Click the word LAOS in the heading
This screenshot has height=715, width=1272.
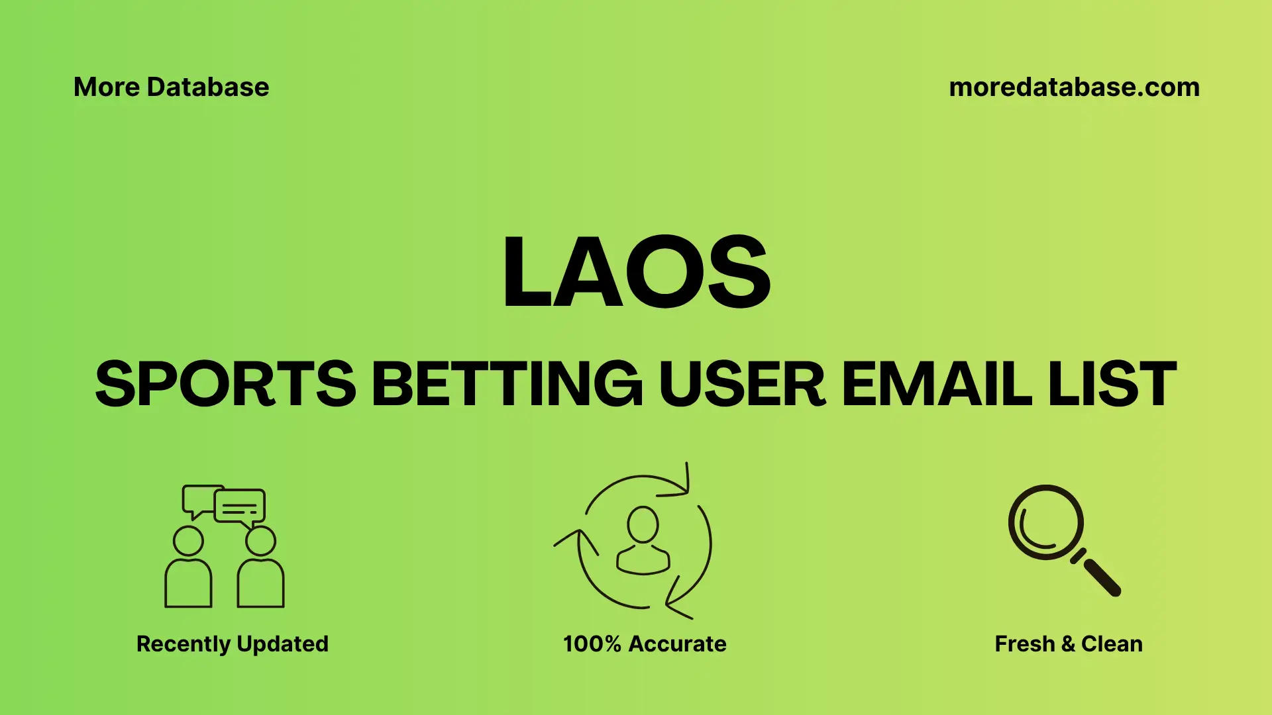coord(636,272)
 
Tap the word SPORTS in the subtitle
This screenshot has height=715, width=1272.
coord(225,384)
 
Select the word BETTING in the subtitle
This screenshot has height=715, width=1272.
coord(507,384)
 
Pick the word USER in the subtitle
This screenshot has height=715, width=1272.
coord(742,384)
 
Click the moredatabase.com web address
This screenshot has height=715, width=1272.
coord(1074,87)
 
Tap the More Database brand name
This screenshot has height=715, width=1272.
coord(171,87)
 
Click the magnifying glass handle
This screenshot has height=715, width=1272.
coord(1101,577)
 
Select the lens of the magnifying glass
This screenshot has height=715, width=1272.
coord(1045,522)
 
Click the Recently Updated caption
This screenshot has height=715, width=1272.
coord(232,643)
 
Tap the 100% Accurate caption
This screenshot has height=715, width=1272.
coord(644,643)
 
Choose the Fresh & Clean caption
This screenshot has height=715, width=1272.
coord(1068,643)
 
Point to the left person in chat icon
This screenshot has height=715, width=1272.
coord(188,569)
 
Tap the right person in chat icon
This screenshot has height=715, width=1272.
coord(260,569)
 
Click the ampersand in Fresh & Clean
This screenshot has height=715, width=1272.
coord(1067,643)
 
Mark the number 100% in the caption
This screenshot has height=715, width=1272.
coord(592,643)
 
